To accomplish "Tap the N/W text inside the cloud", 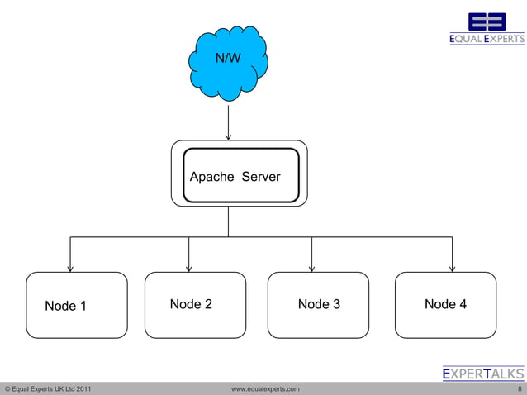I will pyautogui.click(x=228, y=59).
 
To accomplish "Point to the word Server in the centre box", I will pyautogui.click(x=261, y=177).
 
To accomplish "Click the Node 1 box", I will pyautogui.click(x=77, y=305).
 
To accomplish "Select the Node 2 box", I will pyautogui.click(x=195, y=305).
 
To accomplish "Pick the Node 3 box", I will pyautogui.click(x=318, y=305).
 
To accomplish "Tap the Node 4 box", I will pyautogui.click(x=446, y=305).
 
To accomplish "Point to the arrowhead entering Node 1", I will pyautogui.click(x=70, y=267).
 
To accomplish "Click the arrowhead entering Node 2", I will pyautogui.click(x=189, y=267).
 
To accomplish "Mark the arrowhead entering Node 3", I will pyautogui.click(x=311, y=267).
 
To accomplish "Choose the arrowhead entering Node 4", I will pyautogui.click(x=452, y=267).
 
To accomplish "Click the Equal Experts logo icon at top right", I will pyautogui.click(x=487, y=21).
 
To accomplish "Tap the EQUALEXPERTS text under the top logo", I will pyautogui.click(x=487, y=39).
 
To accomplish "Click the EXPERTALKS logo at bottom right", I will pyautogui.click(x=483, y=374).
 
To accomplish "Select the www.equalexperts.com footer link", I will pyautogui.click(x=265, y=388).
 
